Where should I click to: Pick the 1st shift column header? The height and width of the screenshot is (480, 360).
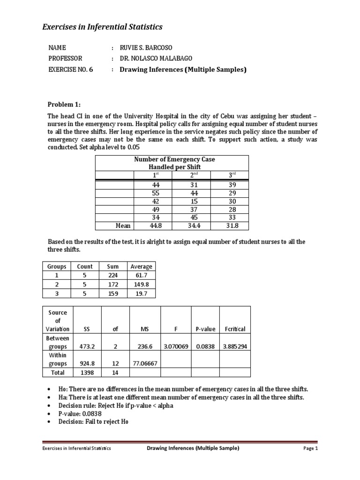click(x=153, y=175)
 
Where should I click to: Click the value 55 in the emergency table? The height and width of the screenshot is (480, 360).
click(x=153, y=193)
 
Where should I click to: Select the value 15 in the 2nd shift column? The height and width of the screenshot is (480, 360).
click(x=192, y=201)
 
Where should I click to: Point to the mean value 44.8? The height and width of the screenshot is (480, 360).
click(x=153, y=225)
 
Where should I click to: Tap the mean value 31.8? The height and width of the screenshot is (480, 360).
click(x=230, y=225)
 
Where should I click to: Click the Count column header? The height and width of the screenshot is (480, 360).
click(x=85, y=266)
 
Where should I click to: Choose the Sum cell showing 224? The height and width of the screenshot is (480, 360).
click(x=113, y=275)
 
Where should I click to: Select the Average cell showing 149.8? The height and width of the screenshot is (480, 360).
click(x=142, y=284)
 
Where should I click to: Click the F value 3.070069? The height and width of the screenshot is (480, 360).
click(x=176, y=347)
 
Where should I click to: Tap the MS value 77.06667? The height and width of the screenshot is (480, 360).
click(x=145, y=363)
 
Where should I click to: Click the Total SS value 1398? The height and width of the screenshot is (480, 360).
click(x=86, y=372)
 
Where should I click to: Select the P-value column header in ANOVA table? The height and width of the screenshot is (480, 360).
click(x=205, y=329)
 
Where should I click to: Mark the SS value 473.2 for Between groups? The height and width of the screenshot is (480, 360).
click(x=86, y=347)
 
